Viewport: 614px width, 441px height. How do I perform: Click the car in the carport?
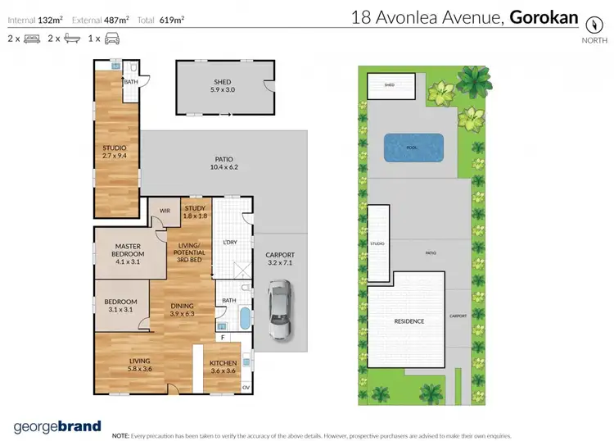(280, 310)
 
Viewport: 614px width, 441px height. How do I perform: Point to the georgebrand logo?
(57, 426)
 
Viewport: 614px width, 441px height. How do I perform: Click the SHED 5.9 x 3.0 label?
(223, 85)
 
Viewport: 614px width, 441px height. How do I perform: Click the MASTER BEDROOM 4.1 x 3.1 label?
(128, 250)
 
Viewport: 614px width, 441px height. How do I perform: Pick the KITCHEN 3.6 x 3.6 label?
(223, 366)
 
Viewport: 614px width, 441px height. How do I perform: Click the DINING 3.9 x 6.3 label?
(182, 309)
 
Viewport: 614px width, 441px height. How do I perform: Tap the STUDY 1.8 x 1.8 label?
(194, 212)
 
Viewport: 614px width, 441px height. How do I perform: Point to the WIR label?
(165, 211)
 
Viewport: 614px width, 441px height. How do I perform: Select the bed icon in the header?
(32, 39)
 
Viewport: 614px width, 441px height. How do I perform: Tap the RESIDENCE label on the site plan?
(409, 321)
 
